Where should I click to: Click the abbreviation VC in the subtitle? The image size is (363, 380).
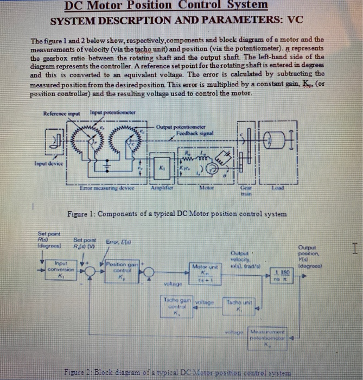click(x=294, y=22)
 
